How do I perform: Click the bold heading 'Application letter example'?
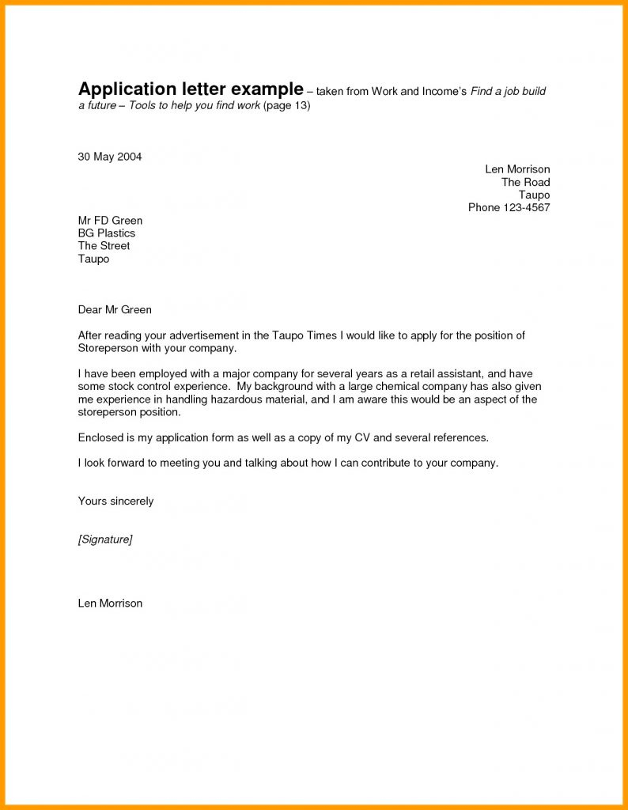(x=191, y=89)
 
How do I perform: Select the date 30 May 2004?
(x=110, y=157)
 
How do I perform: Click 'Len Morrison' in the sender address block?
(x=517, y=169)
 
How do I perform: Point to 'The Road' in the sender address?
(x=525, y=182)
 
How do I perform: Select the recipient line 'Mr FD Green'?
(x=110, y=220)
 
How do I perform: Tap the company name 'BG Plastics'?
(x=107, y=233)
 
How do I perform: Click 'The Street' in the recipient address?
(x=104, y=245)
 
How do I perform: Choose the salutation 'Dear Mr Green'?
(x=115, y=309)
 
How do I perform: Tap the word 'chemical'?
(x=376, y=387)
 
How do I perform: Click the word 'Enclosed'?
(x=101, y=437)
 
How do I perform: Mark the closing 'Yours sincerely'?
(x=115, y=501)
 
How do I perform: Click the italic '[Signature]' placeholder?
(x=105, y=539)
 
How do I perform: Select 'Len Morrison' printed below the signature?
(x=110, y=603)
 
